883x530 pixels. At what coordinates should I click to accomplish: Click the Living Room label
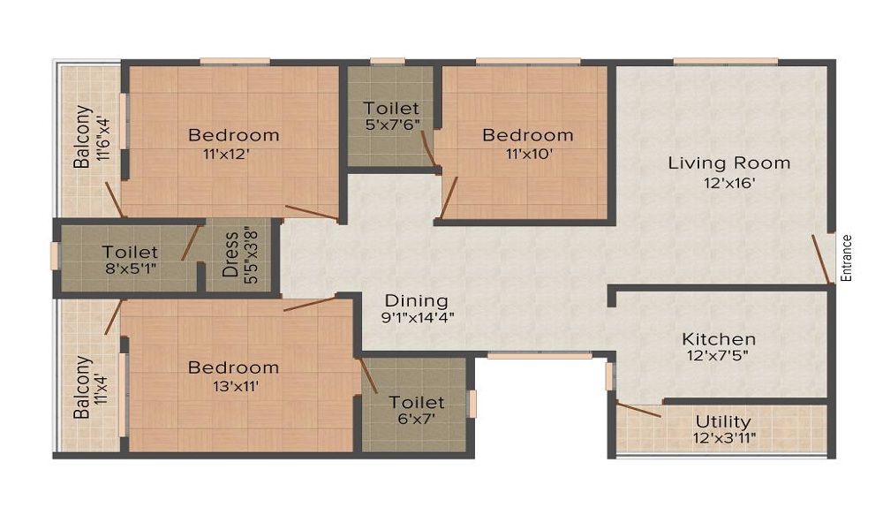tap(728, 163)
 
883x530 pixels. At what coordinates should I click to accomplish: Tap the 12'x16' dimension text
tap(728, 184)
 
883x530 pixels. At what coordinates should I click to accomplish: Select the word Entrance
tap(846, 257)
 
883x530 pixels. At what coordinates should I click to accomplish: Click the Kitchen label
tap(718, 339)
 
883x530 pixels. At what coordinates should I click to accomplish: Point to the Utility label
tap(723, 421)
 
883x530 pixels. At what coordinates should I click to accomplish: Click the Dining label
tap(416, 301)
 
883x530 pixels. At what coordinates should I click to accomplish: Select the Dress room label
tap(230, 254)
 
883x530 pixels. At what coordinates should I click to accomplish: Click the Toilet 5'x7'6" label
tap(391, 109)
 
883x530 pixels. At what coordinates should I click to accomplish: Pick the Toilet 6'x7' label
tap(417, 403)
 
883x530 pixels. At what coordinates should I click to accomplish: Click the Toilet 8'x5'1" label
tap(130, 253)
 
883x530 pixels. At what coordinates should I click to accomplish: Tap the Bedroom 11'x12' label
tap(233, 135)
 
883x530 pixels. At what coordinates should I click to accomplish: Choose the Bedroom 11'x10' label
tap(527, 135)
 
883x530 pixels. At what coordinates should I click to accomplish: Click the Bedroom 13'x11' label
tap(233, 367)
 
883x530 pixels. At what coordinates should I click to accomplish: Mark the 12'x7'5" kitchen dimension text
tap(718, 356)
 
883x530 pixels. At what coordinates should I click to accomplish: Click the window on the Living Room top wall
tap(725, 61)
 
